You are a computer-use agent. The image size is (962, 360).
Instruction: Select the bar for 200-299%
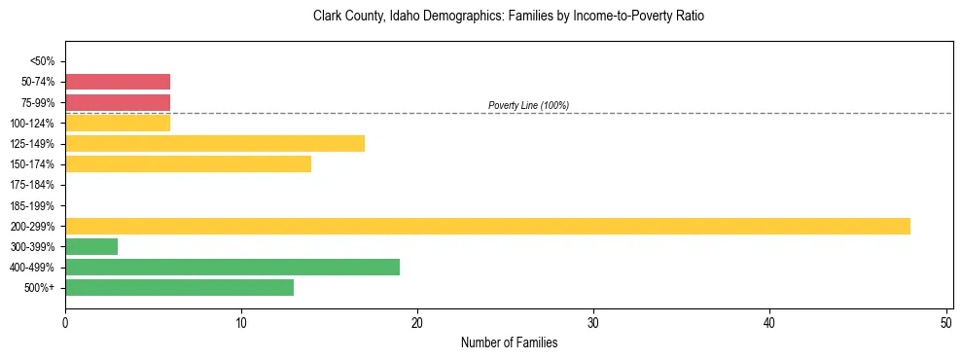(487, 226)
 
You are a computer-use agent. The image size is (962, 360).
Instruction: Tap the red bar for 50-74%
(118, 82)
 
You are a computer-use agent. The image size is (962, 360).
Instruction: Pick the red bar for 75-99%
(118, 102)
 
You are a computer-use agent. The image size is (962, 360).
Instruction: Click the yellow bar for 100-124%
(118, 123)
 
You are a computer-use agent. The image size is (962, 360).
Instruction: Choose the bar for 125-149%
(215, 143)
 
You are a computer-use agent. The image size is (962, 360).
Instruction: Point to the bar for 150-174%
(188, 163)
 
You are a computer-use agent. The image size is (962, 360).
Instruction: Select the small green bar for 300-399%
(91, 246)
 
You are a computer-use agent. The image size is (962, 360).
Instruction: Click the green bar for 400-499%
(232, 267)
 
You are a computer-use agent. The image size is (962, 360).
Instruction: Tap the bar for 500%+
(179, 287)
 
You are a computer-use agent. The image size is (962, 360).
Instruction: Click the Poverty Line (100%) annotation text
(528, 105)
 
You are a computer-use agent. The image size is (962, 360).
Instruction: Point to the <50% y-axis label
(43, 61)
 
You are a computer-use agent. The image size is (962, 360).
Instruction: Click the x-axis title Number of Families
(509, 342)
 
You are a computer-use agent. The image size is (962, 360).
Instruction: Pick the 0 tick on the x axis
(65, 322)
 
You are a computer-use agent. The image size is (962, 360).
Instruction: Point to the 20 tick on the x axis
(417, 322)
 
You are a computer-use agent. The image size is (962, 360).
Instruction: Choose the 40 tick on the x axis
(769, 322)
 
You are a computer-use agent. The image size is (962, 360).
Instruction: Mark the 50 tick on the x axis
(945, 322)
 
